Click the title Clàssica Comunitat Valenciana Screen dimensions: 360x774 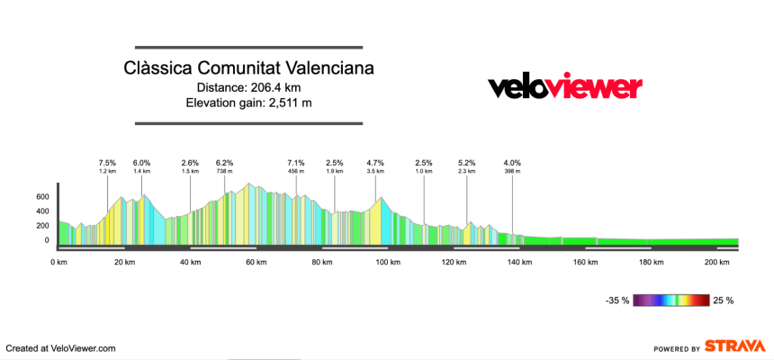[249, 68]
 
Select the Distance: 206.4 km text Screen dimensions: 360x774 [249, 87]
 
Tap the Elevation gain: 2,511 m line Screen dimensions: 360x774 [249, 103]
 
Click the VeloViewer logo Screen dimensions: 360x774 [564, 86]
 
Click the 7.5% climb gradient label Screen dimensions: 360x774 [108, 163]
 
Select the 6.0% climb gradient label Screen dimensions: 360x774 [142, 163]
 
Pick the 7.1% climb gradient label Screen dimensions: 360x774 [296, 163]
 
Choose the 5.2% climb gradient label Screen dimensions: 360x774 [467, 163]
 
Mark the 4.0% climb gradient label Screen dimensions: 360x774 [512, 163]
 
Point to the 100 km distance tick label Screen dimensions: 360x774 [388, 262]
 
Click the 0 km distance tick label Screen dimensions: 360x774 [58, 262]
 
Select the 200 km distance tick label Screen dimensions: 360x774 [717, 262]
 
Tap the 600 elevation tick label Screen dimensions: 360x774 [42, 196]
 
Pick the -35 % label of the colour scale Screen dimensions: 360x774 [617, 301]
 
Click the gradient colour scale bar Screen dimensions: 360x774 [670, 301]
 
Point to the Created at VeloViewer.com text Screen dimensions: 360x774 [60, 347]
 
